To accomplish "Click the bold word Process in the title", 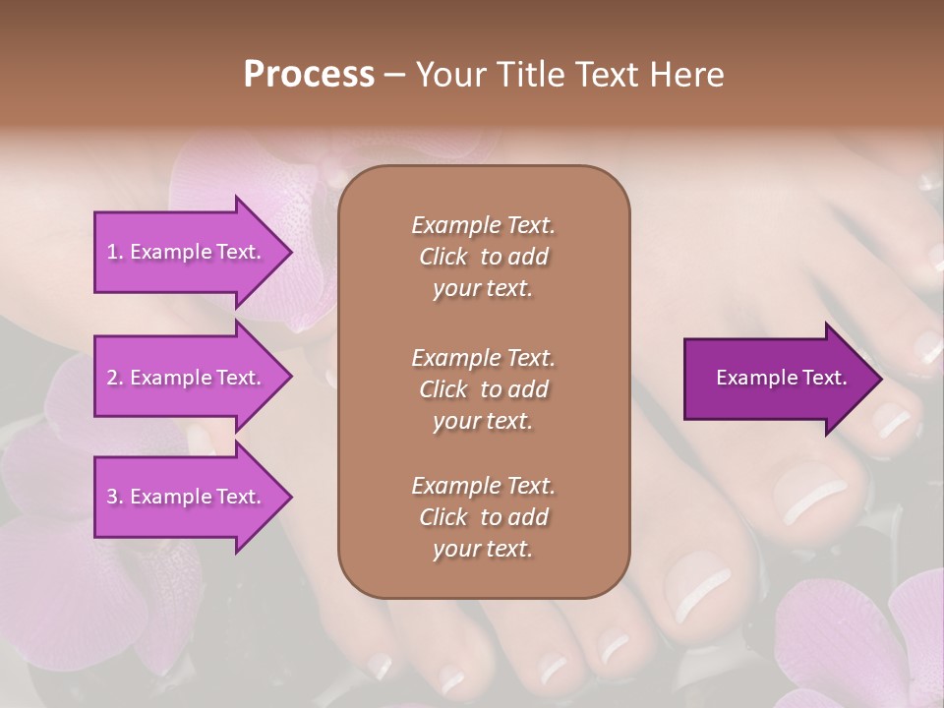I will pyautogui.click(x=309, y=74).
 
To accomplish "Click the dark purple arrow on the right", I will pyautogui.click(x=777, y=378).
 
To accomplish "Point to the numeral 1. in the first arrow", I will pyautogui.click(x=115, y=252).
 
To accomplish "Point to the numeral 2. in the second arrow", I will pyautogui.click(x=115, y=378).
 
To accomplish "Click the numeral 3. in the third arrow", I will pyautogui.click(x=115, y=497).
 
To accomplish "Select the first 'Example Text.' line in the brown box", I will pyautogui.click(x=483, y=225).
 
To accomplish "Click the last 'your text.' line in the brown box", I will pyautogui.click(x=483, y=550).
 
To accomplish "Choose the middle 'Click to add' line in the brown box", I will pyautogui.click(x=483, y=389).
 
